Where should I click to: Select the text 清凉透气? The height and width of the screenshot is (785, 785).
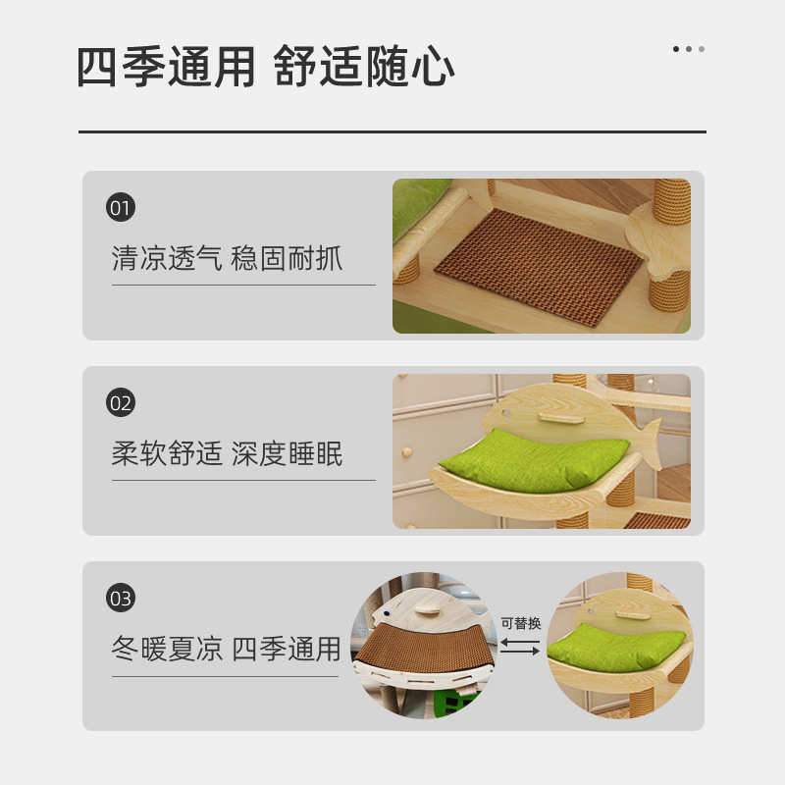click(x=167, y=259)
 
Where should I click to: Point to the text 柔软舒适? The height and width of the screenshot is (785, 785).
click(x=167, y=454)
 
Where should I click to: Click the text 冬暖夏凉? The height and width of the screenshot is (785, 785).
click(x=167, y=649)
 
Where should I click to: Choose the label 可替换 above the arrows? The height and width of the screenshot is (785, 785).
click(x=521, y=623)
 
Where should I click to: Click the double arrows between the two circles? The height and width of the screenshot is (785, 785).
click(x=521, y=647)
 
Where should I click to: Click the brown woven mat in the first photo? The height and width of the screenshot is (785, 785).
click(x=539, y=265)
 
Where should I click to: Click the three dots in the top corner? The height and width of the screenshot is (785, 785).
click(x=688, y=49)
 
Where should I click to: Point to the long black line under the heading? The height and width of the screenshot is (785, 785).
click(x=392, y=131)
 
